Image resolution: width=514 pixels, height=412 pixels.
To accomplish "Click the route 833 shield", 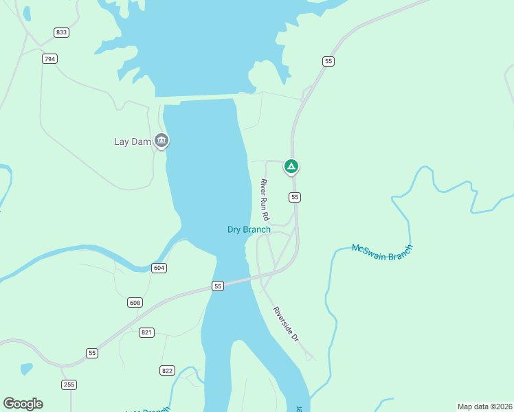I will point(62,32).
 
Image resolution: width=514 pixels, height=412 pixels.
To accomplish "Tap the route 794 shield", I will point(49,59).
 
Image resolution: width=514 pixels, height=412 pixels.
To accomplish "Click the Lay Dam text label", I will point(131,142).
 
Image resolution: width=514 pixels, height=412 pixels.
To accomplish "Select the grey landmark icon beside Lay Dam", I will point(161,141).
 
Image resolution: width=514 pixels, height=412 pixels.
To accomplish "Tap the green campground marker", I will point(291,166).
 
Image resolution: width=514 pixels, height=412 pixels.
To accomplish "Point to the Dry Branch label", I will point(249,229).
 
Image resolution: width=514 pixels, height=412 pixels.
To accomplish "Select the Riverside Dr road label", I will point(286,324).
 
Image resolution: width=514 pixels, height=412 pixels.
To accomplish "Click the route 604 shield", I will point(159,268).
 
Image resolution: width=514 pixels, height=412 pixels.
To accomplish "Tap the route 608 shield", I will point(135,302).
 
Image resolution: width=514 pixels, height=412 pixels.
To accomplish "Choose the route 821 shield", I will point(146,332).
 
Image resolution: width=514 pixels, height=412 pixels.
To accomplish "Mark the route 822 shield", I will point(167,370).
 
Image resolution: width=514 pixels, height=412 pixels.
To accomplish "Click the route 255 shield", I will point(69,385).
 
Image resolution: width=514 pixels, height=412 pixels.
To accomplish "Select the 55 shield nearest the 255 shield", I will point(92,353).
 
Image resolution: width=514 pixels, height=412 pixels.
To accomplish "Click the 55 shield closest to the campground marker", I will point(295,197).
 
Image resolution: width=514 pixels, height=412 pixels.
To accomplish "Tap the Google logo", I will point(23,404).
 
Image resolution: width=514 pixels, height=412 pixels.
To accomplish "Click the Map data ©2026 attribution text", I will point(484,406).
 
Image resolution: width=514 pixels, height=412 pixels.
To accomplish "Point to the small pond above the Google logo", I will point(26,369).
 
